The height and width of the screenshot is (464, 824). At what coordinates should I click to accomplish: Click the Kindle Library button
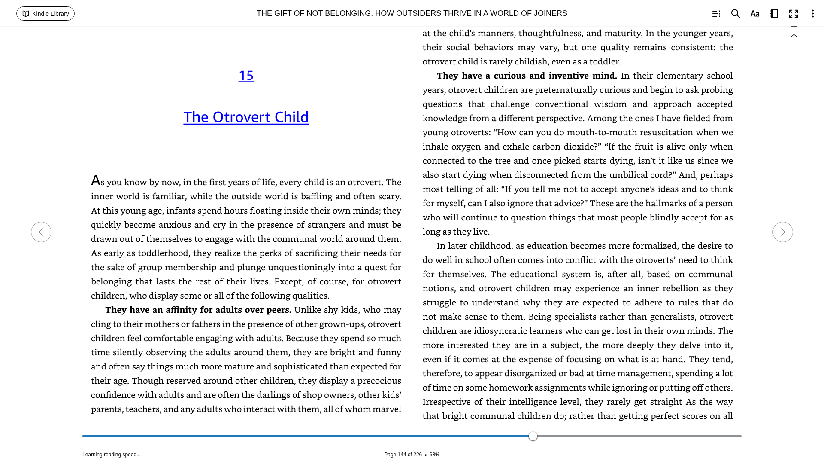tap(45, 14)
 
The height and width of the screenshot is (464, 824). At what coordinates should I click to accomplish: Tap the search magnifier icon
tap(735, 14)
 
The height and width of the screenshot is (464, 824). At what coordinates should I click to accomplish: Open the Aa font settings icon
tap(755, 14)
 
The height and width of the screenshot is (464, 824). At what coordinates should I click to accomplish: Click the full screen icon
tap(794, 14)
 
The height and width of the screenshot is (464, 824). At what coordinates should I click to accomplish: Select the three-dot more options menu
tap(812, 14)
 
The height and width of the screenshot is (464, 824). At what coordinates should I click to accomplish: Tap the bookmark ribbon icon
tap(794, 32)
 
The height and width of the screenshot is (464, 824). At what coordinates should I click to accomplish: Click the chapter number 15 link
tap(246, 76)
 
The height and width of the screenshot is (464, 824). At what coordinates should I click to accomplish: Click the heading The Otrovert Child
tap(246, 117)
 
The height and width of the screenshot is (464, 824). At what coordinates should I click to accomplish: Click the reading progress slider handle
tap(533, 436)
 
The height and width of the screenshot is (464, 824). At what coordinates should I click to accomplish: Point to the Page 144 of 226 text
tap(403, 455)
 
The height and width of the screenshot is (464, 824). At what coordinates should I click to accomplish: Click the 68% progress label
tap(434, 455)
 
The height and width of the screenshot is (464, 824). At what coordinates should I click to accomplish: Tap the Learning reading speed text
tap(112, 455)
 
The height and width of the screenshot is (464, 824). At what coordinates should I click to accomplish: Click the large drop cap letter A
tap(95, 180)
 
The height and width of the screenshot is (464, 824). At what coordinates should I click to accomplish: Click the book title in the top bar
tap(412, 13)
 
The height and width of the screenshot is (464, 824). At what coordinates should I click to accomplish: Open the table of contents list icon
tap(716, 14)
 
